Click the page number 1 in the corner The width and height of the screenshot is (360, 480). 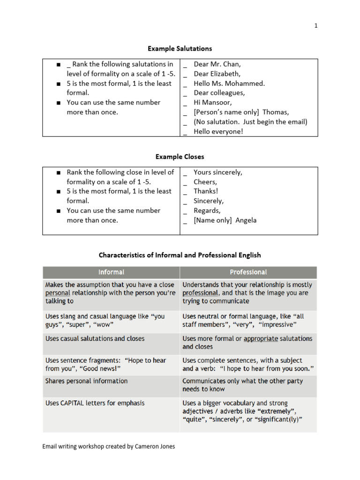pyautogui.click(x=316, y=26)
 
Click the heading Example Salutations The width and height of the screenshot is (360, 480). pyautogui.click(x=180, y=48)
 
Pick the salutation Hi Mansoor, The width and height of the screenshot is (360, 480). pyautogui.click(x=212, y=103)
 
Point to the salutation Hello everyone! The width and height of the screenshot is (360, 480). pyautogui.click(x=218, y=132)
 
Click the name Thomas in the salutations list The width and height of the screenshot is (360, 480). pyautogui.click(x=276, y=112)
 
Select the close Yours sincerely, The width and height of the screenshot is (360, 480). pyautogui.click(x=218, y=172)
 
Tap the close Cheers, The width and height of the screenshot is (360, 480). pyautogui.click(x=205, y=182)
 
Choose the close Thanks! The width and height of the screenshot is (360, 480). pyautogui.click(x=206, y=191)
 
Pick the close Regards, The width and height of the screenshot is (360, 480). pyautogui.click(x=207, y=210)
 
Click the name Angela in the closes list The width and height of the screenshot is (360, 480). pyautogui.click(x=246, y=220)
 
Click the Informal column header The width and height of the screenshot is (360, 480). pyautogui.click(x=111, y=272)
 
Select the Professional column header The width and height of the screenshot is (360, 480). pyautogui.click(x=248, y=272)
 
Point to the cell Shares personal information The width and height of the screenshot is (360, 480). pyautogui.click(x=86, y=381)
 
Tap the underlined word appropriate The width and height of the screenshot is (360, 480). pyautogui.click(x=261, y=338)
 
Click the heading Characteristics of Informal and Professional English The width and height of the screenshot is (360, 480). pyautogui.click(x=180, y=255)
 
